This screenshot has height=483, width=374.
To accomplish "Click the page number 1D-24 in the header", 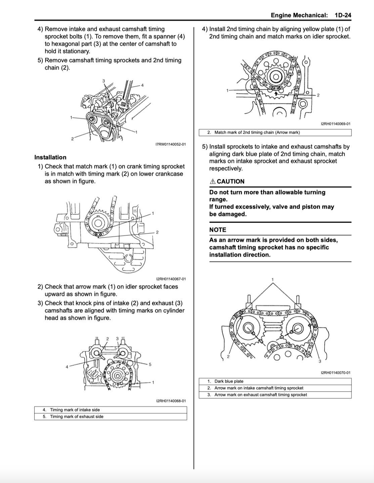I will pos(342,15).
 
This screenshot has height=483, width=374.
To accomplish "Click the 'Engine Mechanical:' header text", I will pos(299,15).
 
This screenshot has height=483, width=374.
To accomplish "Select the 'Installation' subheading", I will pos(50,157).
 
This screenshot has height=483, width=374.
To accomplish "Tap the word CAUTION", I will pos(231,181).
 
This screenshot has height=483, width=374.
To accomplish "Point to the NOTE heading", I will pos(218,230).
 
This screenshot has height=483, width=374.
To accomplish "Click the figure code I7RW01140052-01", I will pos(171,144).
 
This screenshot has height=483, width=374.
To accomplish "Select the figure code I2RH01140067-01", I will pos(171,279).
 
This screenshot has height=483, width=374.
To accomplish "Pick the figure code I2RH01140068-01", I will pos(171,401).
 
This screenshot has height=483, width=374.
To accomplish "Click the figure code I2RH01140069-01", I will pos(335,124).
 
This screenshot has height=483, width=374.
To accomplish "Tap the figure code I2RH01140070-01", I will pos(335,372).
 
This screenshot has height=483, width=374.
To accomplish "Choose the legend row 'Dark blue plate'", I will pos(229,381).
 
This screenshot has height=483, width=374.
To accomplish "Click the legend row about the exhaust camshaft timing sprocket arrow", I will pos(261,395).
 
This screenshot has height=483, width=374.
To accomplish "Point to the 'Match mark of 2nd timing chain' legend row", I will pos(257,132).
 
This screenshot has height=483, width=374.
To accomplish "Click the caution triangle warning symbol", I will pos(213,181).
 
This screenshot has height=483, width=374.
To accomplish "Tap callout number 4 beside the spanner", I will pos(142,85).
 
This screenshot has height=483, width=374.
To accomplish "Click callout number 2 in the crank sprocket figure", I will pos(157,232).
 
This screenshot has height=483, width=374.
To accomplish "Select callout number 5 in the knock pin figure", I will pos(150,364).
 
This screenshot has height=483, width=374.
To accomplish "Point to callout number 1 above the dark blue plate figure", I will pos(273,279).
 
